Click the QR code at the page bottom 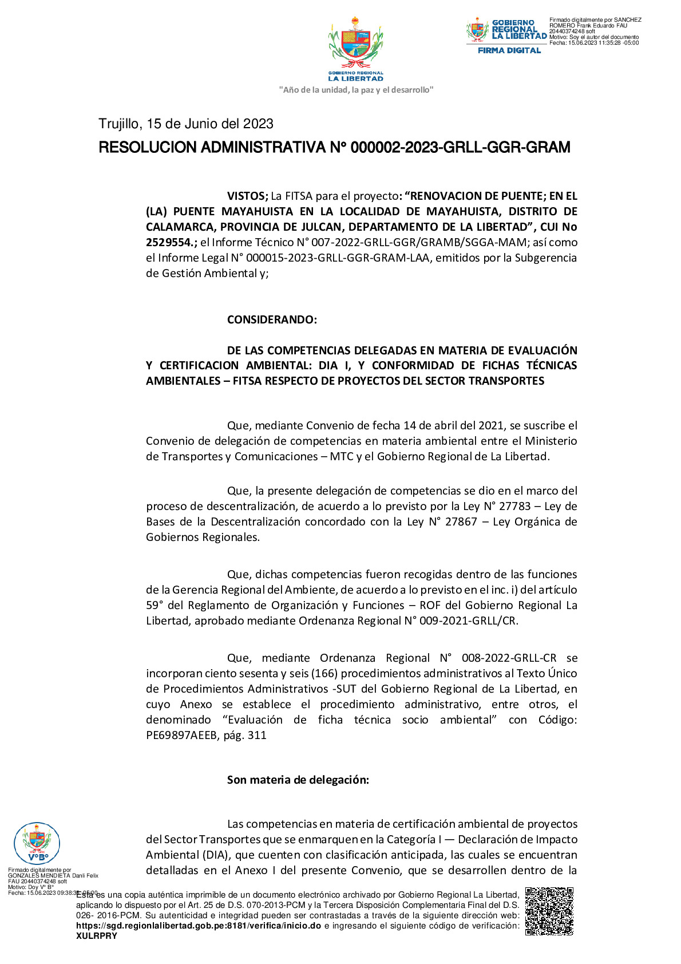pos(549,911)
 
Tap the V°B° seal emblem pos(36,843)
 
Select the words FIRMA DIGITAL pos(509,50)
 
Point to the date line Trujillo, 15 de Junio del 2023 pos(186,124)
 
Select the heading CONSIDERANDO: pos(272,319)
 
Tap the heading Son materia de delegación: pos(298,780)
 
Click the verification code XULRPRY pos(97,936)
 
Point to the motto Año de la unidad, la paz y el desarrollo pos(355,90)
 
